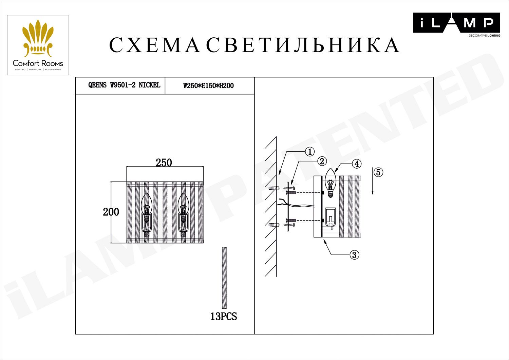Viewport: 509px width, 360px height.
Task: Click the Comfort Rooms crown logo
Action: click(38, 39)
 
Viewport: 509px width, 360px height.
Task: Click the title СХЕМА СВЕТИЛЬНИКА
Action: click(254, 45)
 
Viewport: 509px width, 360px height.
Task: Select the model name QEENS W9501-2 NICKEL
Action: click(124, 85)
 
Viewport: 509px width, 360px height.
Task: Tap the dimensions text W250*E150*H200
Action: click(208, 86)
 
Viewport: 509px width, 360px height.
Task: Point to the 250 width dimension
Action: click(164, 163)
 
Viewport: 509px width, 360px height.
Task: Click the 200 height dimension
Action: click(111, 212)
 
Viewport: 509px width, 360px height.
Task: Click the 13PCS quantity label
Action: click(224, 317)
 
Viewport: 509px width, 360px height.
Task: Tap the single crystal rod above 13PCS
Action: click(224, 277)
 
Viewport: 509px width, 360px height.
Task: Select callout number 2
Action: click(322, 161)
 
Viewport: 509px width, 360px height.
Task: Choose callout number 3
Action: click(354, 255)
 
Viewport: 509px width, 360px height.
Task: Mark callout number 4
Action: click(356, 164)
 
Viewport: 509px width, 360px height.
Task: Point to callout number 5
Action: click(378, 172)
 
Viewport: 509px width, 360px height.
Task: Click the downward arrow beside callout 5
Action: click(373, 182)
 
